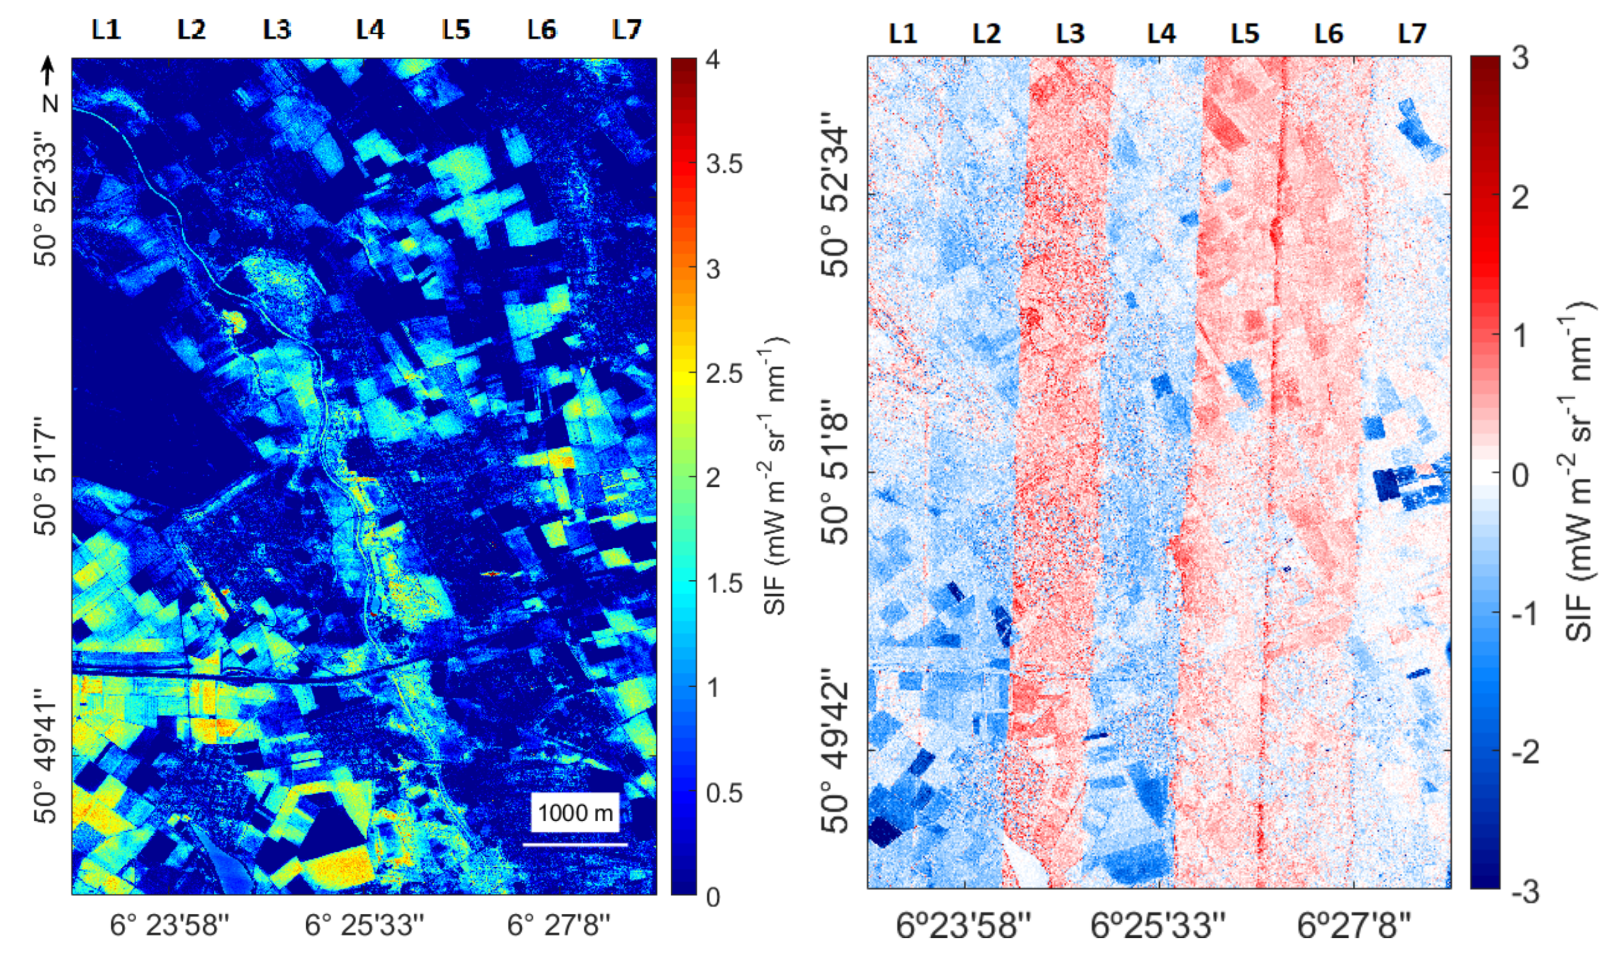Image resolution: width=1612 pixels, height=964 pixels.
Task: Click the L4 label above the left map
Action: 370,29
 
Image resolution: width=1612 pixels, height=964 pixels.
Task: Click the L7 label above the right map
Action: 1412,33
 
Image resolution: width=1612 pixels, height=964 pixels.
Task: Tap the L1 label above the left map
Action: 106,29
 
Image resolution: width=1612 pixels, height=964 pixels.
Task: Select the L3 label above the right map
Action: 1070,33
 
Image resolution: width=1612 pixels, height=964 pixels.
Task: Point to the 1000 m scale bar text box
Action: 575,813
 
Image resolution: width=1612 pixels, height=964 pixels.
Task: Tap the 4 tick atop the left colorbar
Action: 713,60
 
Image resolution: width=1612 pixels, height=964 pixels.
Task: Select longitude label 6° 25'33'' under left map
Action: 365,925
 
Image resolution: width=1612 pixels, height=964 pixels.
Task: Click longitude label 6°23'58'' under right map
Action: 964,925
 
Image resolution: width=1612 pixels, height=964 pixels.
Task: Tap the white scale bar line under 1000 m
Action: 575,844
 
